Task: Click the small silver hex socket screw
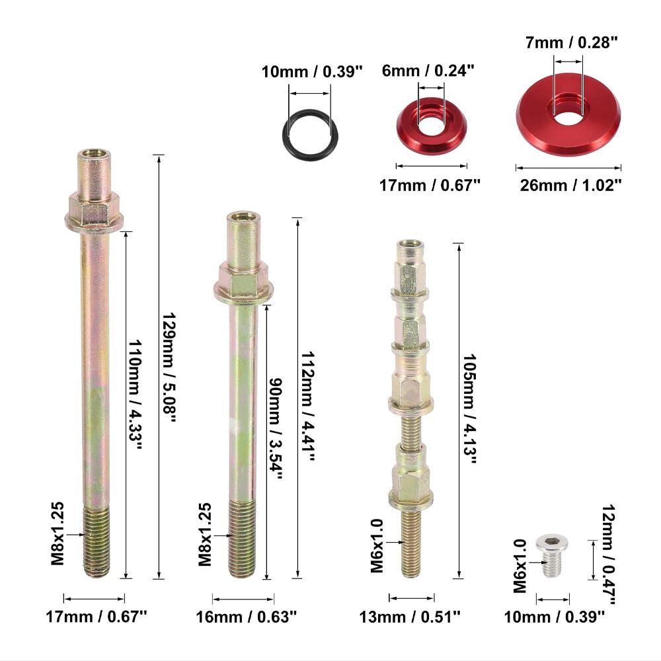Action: pos(552,556)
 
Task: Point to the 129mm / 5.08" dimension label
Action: pos(169,367)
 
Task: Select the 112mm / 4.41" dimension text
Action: pos(308,407)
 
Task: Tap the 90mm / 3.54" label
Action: pos(276,428)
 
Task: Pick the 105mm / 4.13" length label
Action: pos(469,409)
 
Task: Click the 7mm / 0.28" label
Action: pos(571,42)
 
